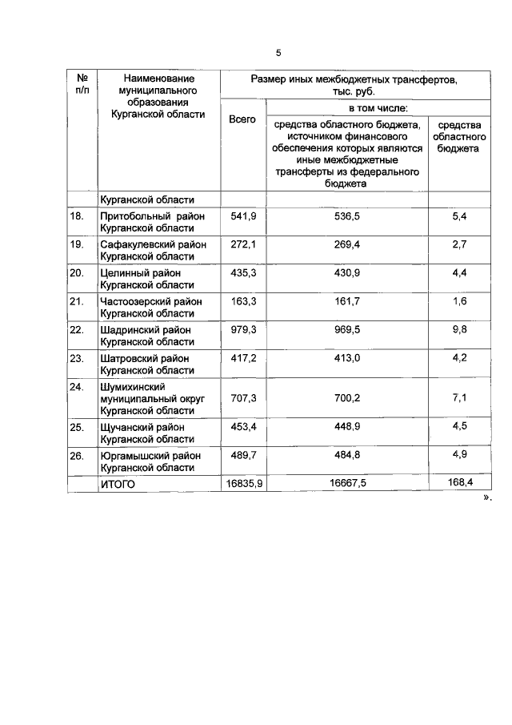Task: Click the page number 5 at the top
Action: click(278, 53)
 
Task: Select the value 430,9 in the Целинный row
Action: click(347, 273)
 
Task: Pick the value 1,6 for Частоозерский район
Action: click(459, 302)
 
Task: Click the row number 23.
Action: click(78, 358)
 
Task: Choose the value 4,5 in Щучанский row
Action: click(459, 426)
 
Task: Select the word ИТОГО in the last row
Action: click(118, 484)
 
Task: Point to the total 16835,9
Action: click(242, 484)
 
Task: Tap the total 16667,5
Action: click(347, 484)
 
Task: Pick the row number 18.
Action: click(78, 216)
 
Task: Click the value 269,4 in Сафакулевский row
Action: click(347, 244)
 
